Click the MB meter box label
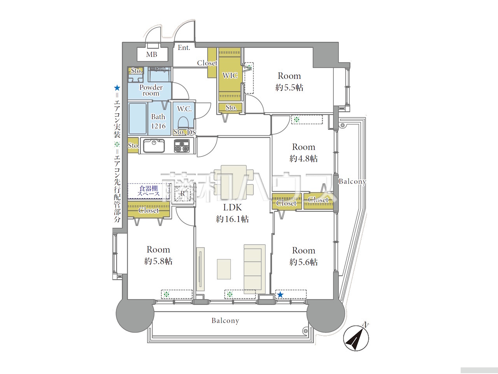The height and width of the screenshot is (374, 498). [152, 55]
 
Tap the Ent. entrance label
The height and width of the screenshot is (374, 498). [184, 48]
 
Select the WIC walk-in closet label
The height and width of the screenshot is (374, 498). [230, 76]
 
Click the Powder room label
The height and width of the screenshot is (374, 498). [151, 90]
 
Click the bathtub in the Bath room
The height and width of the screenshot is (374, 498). [137, 118]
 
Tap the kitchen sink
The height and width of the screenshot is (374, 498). [154, 146]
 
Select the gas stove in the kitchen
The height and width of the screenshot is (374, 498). [182, 146]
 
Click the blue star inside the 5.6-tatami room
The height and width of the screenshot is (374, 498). [281, 295]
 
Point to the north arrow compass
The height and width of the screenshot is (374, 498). [356, 338]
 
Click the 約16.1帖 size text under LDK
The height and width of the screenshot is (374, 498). [232, 219]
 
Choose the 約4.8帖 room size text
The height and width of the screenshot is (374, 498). [303, 159]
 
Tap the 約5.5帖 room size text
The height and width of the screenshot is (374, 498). [289, 87]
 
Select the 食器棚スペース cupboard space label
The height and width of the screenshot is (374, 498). [148, 191]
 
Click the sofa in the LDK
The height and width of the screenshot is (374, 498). [254, 270]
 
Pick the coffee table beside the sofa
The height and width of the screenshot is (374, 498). [224, 269]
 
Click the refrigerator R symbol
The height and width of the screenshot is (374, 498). [182, 194]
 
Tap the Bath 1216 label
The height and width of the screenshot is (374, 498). [158, 121]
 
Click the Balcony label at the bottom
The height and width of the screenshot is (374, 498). [225, 321]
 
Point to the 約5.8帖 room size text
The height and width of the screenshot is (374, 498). [158, 261]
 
